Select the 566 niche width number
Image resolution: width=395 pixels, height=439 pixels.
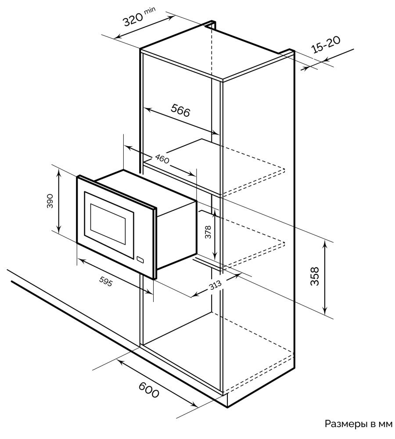pyautogui.click(x=181, y=110)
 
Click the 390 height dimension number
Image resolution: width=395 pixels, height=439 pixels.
pyautogui.click(x=50, y=201)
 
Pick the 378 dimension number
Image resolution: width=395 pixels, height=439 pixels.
pyautogui.click(x=208, y=232)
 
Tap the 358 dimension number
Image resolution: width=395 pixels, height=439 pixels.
pyautogui.click(x=315, y=276)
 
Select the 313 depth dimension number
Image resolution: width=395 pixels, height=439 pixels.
pyautogui.click(x=215, y=285)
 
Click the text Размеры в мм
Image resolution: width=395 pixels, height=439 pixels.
pyautogui.click(x=359, y=424)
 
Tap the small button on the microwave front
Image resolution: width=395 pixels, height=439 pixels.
pyautogui.click(x=140, y=259)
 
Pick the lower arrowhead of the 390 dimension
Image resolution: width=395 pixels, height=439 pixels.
pyautogui.click(x=58, y=229)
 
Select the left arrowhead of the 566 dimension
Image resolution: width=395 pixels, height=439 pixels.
pyautogui.click(x=147, y=109)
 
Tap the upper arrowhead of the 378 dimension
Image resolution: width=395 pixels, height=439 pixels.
pyautogui.click(x=214, y=214)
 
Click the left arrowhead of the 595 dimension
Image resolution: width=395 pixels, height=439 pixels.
pyautogui.click(x=81, y=261)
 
